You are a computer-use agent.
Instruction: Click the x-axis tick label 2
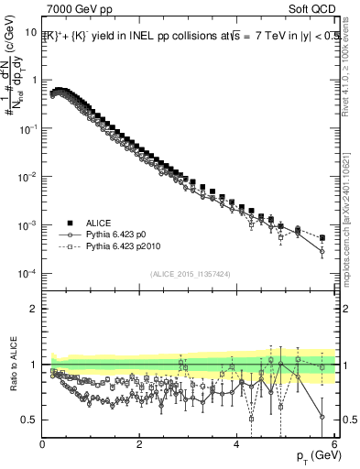click(139, 444)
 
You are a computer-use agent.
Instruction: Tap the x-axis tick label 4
click(236, 444)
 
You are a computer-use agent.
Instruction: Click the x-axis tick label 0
click(43, 444)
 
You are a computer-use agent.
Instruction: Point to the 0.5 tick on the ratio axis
click(30, 420)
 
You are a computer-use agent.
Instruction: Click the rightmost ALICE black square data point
click(322, 238)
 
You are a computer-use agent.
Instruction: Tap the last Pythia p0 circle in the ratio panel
click(322, 417)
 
